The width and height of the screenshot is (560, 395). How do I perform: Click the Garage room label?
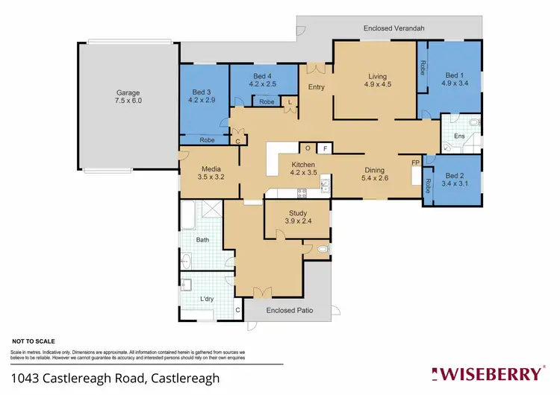(128, 92)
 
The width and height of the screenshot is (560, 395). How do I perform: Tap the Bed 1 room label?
(453, 75)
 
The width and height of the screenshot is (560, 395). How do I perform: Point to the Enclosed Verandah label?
(394, 28)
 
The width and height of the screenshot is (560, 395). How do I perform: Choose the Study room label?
(298, 213)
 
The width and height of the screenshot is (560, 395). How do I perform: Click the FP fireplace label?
(415, 163)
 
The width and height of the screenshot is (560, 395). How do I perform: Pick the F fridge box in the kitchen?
(326, 148)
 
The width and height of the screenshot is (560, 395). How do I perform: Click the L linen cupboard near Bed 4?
(290, 101)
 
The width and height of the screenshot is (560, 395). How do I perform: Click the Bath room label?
(203, 240)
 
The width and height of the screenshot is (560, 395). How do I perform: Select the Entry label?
(317, 88)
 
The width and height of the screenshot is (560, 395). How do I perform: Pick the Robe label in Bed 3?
(208, 139)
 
